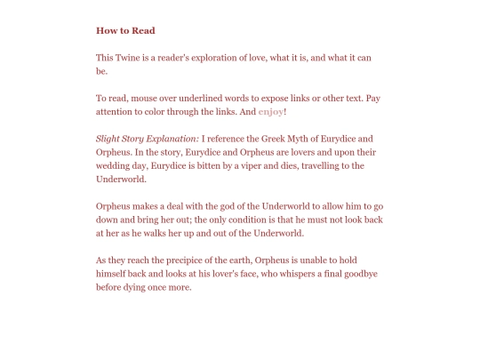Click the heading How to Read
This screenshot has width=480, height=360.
point(125,30)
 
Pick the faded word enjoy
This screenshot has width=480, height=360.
point(270,112)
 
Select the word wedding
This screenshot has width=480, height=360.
point(116,165)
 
